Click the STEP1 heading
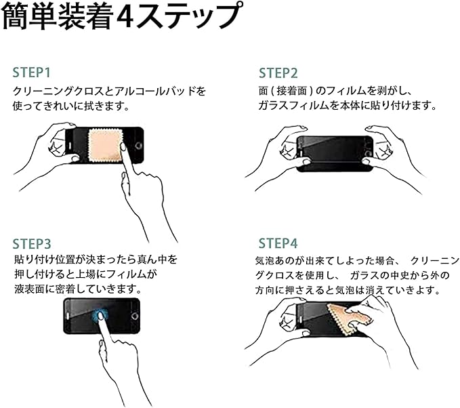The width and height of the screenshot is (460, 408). coord(32,73)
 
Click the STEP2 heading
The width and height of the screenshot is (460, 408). coord(278,73)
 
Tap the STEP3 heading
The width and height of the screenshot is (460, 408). coord(32,243)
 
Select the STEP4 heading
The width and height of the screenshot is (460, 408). coord(278,243)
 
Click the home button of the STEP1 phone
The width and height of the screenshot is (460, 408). coord(138,146)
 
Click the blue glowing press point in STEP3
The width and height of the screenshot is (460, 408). coord(100,316)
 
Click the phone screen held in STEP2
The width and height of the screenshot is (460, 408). coord(335,153)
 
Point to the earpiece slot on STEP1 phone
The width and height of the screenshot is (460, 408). coord(70,146)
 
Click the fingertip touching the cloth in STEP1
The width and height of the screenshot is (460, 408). coord(123,146)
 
